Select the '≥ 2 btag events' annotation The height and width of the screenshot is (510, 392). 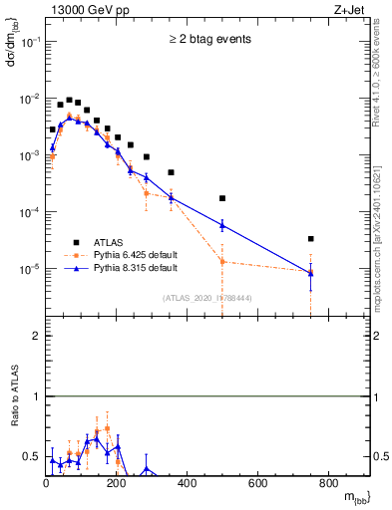pyautogui.click(x=209, y=40)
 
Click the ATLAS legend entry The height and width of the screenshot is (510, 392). pyautogui.click(x=111, y=241)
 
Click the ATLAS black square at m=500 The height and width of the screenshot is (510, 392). pyautogui.click(x=222, y=198)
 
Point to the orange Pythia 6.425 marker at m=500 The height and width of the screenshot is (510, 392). pyautogui.click(x=222, y=262)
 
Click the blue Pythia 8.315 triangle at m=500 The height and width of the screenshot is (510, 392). pyautogui.click(x=222, y=225)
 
